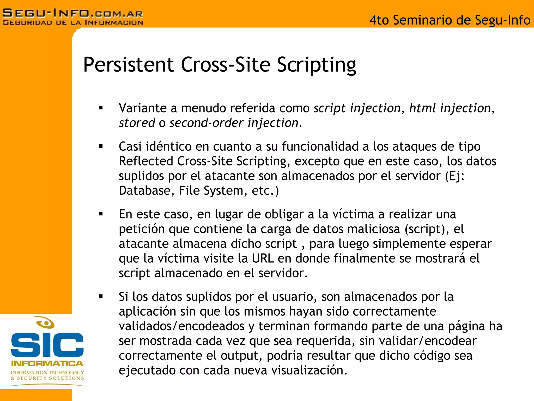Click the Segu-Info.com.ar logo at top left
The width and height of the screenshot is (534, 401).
73,17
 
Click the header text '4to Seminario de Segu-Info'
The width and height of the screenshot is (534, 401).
450,20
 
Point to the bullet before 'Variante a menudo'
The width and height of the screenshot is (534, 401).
101,108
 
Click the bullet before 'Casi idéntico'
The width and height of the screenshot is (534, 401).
101,146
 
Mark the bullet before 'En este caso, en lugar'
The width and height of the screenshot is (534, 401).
101,214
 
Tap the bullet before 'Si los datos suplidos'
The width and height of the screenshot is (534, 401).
101,296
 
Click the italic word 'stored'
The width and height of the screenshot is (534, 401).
137,123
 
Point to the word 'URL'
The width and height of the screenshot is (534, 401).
263,258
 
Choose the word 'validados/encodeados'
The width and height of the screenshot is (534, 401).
181,326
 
